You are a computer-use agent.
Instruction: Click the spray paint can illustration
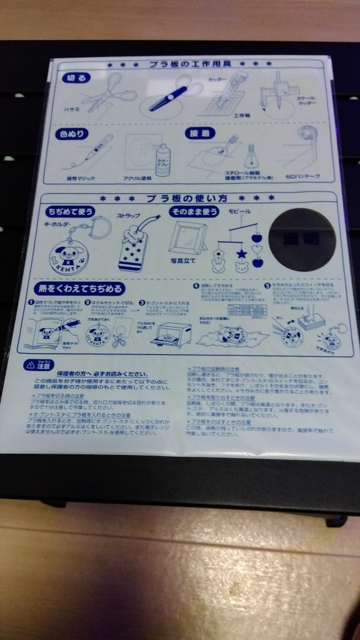[162, 159]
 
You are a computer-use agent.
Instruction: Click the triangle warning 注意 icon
[29, 364]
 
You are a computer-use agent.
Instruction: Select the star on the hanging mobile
[240, 254]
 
